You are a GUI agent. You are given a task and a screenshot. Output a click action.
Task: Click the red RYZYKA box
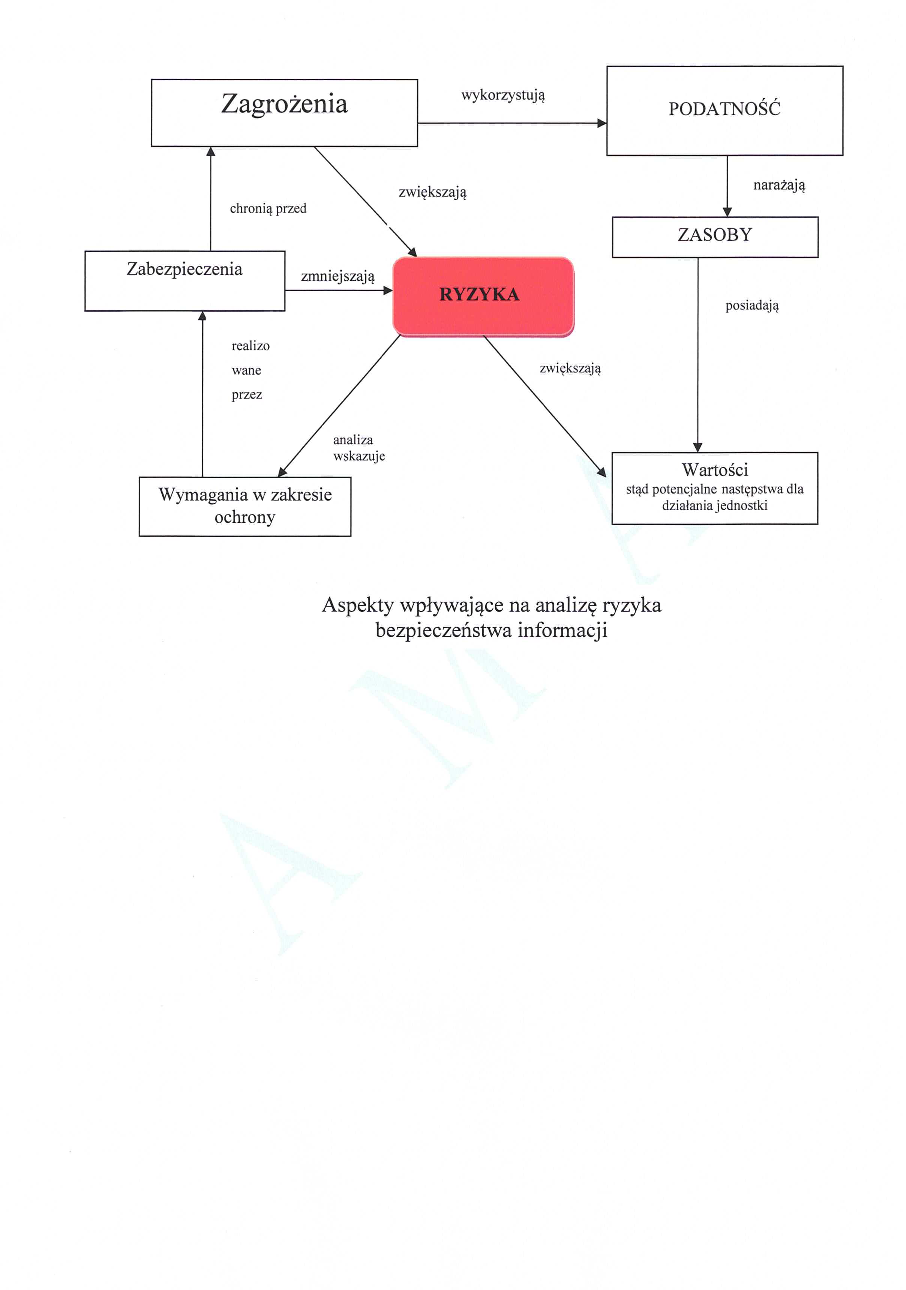point(483,296)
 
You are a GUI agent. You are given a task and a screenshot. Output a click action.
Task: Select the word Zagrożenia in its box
point(284,104)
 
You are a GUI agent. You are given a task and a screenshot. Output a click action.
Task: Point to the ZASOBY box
point(714,237)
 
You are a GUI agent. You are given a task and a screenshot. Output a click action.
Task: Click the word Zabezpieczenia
point(184,269)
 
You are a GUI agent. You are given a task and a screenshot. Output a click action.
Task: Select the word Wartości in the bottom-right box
point(714,469)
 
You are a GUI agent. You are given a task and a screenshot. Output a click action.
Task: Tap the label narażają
point(778,185)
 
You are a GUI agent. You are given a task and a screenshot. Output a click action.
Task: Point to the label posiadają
point(751,306)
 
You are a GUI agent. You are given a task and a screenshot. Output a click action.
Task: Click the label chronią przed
point(268,209)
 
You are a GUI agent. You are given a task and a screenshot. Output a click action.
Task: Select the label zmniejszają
point(337,276)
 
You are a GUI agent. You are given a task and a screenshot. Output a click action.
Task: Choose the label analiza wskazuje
point(358,448)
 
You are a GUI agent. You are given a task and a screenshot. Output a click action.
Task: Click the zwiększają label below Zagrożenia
point(432,192)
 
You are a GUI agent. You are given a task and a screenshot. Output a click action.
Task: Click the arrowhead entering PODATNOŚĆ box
point(601,123)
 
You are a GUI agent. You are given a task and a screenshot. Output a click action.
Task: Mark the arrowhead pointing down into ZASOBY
point(727,212)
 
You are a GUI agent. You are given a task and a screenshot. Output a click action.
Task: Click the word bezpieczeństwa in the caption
point(444,631)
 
